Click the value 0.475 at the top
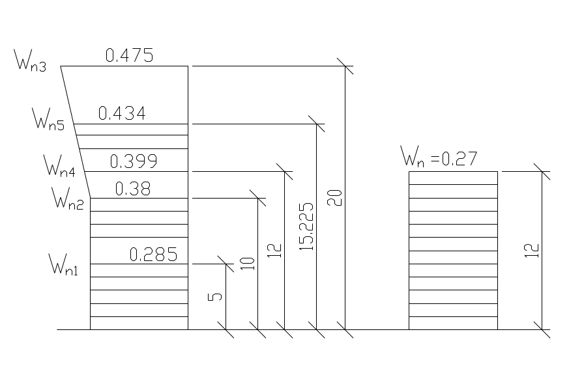coord(129,56)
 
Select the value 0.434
coord(121,113)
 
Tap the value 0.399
coord(134,161)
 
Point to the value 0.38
coord(133,189)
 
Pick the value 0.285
coord(153,255)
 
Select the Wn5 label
coord(48,120)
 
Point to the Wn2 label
coord(68,197)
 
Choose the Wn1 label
coord(64,265)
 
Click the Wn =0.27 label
coord(439,157)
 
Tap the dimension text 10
coord(246,263)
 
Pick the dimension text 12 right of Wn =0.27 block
coord(533,251)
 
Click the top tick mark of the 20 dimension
coord(345,66)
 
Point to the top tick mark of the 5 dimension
coord(226,264)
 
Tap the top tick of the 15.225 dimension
coord(317,124)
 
